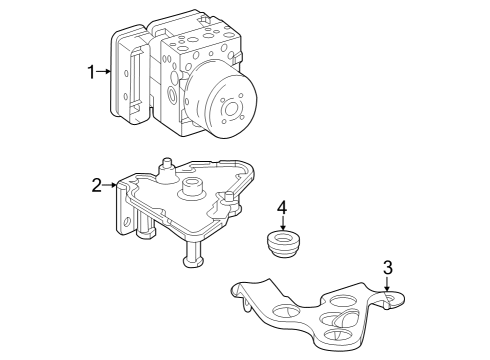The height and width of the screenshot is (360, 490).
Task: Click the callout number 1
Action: click(x=91, y=72)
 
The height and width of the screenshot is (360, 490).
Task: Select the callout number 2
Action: click(x=96, y=185)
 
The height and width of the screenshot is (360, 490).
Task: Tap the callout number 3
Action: click(x=388, y=268)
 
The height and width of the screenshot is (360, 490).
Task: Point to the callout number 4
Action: click(x=282, y=207)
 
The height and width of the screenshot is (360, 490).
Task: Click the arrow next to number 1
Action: click(x=103, y=71)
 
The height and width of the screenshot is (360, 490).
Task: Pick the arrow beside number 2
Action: click(x=109, y=185)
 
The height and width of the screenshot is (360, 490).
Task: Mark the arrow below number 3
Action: click(x=387, y=284)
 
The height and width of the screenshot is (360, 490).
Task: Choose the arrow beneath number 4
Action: click(x=283, y=223)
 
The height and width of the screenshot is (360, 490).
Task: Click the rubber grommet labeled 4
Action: click(x=283, y=244)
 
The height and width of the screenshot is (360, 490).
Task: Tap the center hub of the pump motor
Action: click(x=231, y=109)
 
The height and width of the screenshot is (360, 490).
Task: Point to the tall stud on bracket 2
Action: click(x=167, y=170)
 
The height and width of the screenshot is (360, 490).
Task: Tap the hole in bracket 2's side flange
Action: click(x=127, y=222)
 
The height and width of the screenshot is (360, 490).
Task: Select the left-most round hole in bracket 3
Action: click(x=286, y=310)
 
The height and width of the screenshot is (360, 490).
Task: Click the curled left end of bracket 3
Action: click(x=239, y=293)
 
